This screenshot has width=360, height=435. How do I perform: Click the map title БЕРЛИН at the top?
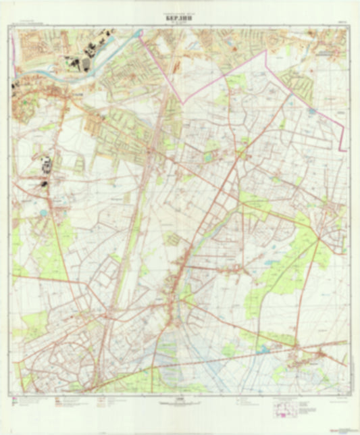[x=179, y=19]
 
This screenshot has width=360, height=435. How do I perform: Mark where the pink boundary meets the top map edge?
[x=140, y=29]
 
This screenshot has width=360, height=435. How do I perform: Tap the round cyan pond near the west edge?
[x=44, y=212]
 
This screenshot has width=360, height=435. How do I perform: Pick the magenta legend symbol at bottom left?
[x=13, y=404]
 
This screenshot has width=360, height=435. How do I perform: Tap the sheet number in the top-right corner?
[x=342, y=22]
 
